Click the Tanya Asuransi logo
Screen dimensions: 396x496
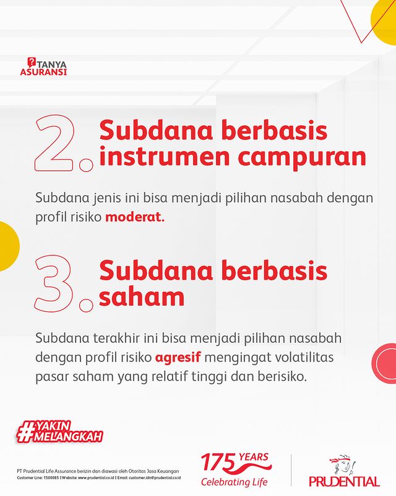(x=43, y=66)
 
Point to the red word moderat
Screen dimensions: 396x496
(x=135, y=217)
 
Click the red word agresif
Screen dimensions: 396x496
(x=178, y=358)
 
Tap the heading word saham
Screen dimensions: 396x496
(x=142, y=296)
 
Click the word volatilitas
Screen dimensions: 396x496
(x=304, y=357)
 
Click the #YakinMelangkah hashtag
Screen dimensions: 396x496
(x=59, y=431)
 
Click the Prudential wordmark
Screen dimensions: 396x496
(x=344, y=482)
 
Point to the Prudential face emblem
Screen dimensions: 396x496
(x=343, y=465)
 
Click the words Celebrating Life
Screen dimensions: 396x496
(x=235, y=482)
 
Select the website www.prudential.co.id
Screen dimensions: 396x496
(x=96, y=477)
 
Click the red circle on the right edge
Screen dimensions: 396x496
(x=385, y=363)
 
